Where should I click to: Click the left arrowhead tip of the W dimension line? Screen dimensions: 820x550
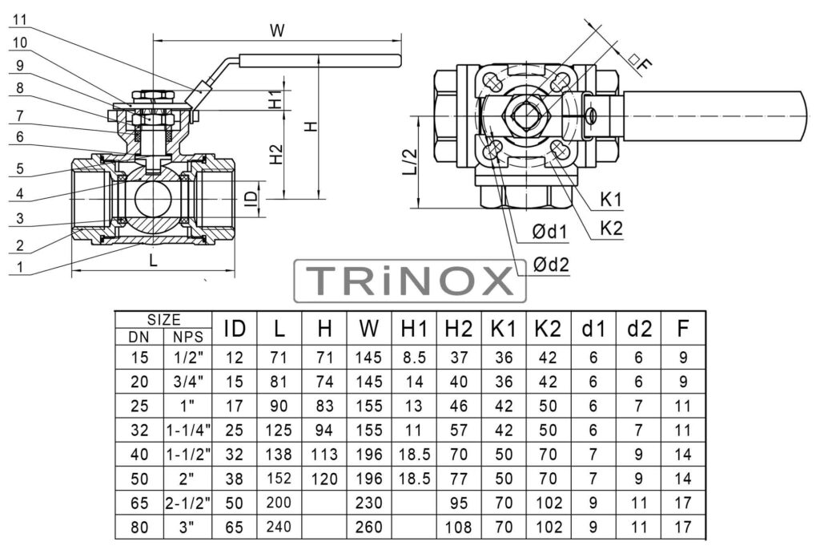click(152, 40)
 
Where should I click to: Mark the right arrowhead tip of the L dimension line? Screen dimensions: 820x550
click(235, 270)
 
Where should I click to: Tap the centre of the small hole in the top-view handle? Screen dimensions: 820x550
click(590, 115)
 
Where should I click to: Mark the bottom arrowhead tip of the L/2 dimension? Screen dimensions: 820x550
click(419, 208)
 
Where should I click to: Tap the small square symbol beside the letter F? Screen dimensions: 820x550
click(634, 59)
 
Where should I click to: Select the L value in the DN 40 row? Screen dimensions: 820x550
click(279, 454)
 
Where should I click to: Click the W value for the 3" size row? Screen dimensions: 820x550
click(368, 527)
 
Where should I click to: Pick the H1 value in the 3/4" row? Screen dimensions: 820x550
click(414, 382)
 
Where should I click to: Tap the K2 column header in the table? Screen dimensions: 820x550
click(548, 329)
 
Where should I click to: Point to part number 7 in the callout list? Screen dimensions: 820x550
click(20, 115)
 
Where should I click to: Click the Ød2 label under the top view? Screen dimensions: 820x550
click(551, 265)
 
